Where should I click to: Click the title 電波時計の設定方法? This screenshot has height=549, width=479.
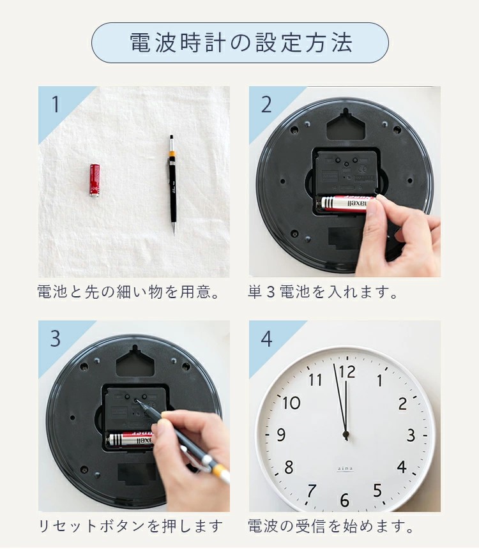click(x=240, y=43)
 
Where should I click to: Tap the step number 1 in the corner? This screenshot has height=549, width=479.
click(x=56, y=104)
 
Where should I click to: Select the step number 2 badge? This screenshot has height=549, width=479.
click(x=266, y=104)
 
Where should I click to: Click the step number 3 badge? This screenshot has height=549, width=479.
click(x=56, y=338)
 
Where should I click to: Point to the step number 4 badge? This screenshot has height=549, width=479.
click(x=267, y=338)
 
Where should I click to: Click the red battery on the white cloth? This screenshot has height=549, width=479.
click(x=95, y=180)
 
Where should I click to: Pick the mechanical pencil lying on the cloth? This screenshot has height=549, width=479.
click(x=172, y=184)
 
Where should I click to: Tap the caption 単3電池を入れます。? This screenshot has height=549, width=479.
click(x=323, y=292)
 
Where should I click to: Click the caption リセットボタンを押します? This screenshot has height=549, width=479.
click(x=130, y=526)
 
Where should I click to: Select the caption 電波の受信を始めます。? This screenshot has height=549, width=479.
click(x=331, y=526)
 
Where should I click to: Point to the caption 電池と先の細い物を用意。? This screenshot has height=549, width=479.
click(x=128, y=292)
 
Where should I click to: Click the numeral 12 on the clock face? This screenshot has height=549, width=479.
click(x=347, y=372)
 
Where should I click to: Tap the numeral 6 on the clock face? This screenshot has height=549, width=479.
click(x=345, y=500)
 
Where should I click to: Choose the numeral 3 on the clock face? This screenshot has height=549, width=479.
click(x=411, y=435)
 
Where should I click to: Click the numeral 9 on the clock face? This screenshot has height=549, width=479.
click(x=281, y=435)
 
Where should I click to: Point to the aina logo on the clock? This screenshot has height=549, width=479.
click(x=345, y=469)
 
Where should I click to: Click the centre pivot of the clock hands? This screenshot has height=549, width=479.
click(x=346, y=435)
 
